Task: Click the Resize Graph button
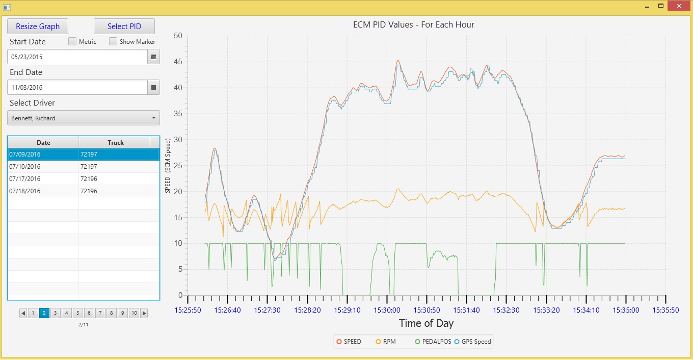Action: pos(38,27)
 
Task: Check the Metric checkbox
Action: pos(72,41)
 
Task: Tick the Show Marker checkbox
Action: pos(113,41)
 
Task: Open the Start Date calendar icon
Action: pos(153,57)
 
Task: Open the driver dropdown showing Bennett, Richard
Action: pos(84,118)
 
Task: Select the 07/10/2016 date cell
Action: pos(43,167)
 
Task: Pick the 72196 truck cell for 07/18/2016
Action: pos(114,191)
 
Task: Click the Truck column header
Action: pos(115,143)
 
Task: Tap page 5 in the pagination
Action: pos(77,313)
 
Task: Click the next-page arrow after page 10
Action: pos(144,313)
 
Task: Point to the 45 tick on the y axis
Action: pos(177,62)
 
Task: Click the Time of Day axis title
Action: pos(426,323)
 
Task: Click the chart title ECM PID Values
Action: pos(413,24)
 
